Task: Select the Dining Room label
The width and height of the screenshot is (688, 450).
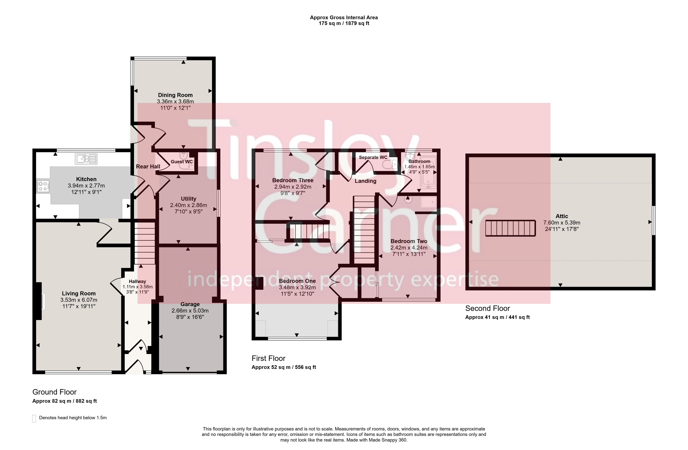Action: pyautogui.click(x=175, y=95)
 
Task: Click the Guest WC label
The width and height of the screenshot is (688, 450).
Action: pyautogui.click(x=182, y=162)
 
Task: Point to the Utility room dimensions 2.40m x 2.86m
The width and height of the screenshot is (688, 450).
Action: pyautogui.click(x=188, y=205)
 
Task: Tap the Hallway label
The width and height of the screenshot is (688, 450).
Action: pyautogui.click(x=137, y=281)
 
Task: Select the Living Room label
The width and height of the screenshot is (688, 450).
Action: pyautogui.click(x=79, y=294)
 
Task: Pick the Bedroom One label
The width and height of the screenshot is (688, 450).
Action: pyautogui.click(x=297, y=281)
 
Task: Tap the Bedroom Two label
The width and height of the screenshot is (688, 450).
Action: pyautogui.click(x=409, y=241)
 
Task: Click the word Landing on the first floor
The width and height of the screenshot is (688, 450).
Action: pyautogui.click(x=365, y=181)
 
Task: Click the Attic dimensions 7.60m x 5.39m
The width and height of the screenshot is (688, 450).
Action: pyautogui.click(x=562, y=223)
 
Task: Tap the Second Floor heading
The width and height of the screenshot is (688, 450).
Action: pyautogui.click(x=487, y=308)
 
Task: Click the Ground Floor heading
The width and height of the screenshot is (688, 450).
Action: pyautogui.click(x=54, y=392)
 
